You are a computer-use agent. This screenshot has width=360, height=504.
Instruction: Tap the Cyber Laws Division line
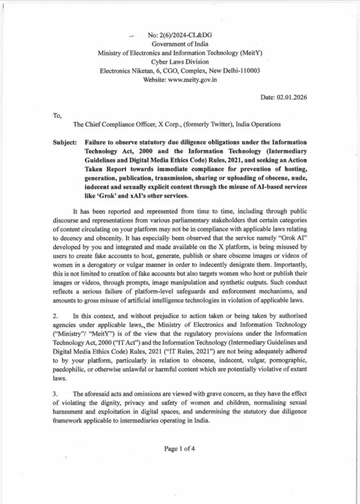(x=180, y=62)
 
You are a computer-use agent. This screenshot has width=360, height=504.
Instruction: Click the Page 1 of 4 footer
(x=180, y=448)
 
